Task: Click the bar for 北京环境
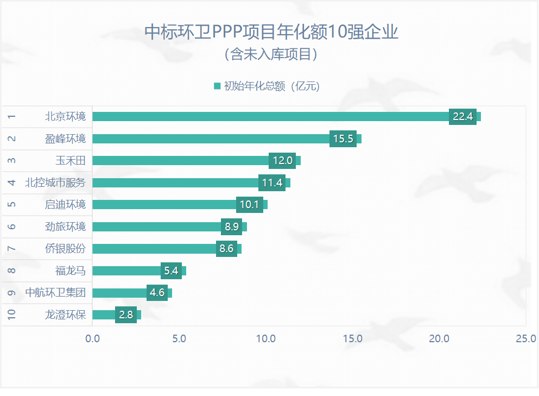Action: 271,116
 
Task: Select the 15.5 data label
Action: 343,139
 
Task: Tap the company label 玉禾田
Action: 71,161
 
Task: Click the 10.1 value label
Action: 250,205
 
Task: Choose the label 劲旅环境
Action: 65,227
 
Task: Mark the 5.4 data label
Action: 171,271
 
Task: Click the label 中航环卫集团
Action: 55,293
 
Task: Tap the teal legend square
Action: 217,86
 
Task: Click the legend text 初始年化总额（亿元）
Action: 271,86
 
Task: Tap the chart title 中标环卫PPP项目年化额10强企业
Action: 271,32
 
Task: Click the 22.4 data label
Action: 462,117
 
